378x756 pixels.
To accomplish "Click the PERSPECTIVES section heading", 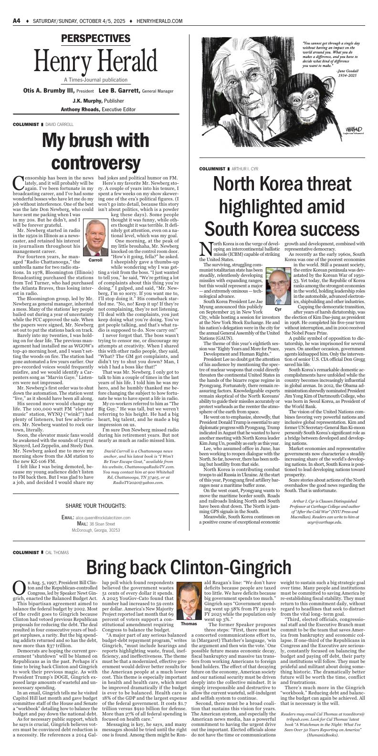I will [95, 39].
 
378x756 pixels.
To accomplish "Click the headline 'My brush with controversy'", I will [95, 150].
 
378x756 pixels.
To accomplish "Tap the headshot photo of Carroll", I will [95, 238].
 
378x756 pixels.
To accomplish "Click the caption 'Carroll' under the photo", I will [95, 260].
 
